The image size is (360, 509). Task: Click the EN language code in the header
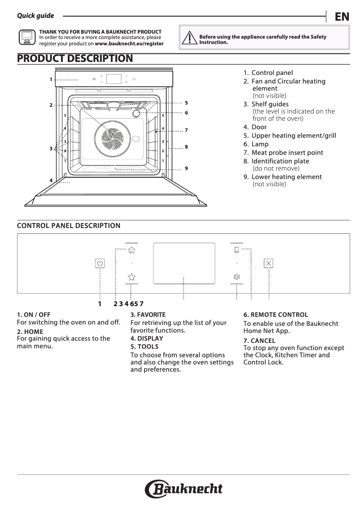click(342, 17)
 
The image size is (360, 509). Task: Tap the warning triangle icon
click(190, 38)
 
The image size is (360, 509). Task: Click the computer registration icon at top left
click(27, 37)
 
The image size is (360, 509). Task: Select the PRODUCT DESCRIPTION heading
click(75, 58)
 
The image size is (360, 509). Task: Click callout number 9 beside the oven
click(186, 168)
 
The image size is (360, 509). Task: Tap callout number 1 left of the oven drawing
click(51, 79)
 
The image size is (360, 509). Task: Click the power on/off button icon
click(100, 263)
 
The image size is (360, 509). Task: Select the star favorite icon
click(131, 277)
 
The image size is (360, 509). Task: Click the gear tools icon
click(237, 277)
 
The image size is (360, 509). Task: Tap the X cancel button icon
click(268, 263)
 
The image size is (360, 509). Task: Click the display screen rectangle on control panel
click(184, 263)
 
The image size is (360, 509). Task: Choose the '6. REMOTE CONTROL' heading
click(276, 315)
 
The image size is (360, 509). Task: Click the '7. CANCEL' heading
click(259, 341)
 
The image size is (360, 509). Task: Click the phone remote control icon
click(237, 250)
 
